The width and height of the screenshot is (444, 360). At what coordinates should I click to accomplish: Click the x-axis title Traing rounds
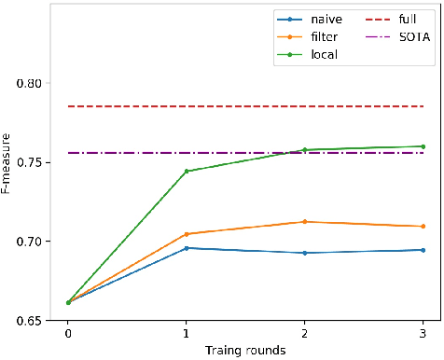point(245,351)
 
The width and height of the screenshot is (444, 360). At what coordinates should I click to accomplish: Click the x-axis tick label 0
point(68,333)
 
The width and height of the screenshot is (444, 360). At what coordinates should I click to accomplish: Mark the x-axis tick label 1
point(187,333)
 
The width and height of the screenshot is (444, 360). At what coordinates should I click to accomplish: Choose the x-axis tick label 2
point(305,333)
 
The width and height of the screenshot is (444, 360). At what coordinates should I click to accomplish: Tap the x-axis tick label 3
point(423,333)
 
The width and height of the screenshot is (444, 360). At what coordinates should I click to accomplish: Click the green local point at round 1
point(187,172)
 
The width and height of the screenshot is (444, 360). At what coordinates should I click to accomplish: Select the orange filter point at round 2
point(305,222)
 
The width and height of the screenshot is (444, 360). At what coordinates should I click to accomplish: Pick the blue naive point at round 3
point(423,250)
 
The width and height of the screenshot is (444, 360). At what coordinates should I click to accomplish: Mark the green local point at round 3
point(423,146)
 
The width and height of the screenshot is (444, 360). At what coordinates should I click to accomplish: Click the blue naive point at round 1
point(187,248)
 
